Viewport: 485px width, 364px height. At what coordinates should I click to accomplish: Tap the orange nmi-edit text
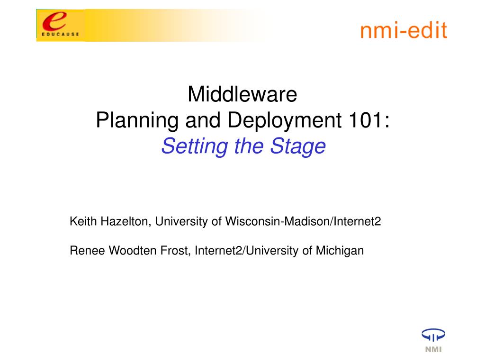tap(404, 30)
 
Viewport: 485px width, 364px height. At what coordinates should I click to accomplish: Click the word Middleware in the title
tap(242, 94)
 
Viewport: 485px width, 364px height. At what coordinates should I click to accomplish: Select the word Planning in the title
tap(137, 120)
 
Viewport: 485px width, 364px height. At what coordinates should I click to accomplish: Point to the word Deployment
tap(285, 120)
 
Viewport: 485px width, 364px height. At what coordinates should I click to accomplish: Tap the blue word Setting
tap(195, 146)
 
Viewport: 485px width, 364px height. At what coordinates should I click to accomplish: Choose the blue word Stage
tap(298, 146)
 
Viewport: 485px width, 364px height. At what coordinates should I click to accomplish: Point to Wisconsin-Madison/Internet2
tap(303, 221)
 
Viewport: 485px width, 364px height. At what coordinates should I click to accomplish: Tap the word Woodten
tap(133, 250)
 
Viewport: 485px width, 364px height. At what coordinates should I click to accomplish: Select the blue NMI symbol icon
tap(433, 335)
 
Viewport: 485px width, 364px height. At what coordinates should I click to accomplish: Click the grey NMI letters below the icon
tap(433, 349)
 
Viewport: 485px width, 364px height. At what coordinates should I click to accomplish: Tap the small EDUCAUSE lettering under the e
tap(60, 34)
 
